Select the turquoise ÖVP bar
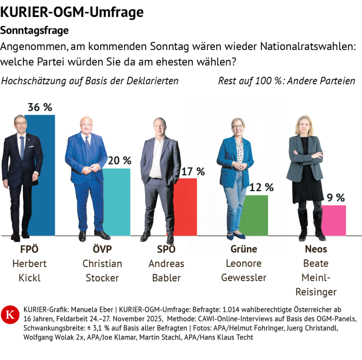click(118, 203)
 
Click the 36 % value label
click(40, 107)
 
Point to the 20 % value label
click(119, 161)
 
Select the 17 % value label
click(192, 171)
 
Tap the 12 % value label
click(262, 188)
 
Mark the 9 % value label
click(336, 198)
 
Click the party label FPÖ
click(29, 249)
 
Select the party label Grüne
click(244, 249)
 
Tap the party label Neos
click(316, 249)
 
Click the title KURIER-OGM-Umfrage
click(72, 12)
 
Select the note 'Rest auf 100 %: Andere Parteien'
click(286, 81)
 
